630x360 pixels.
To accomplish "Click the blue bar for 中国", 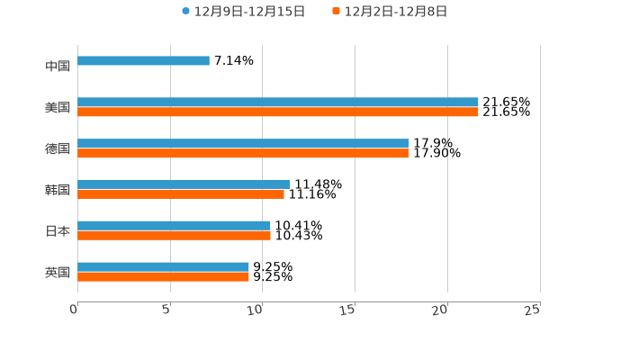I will pos(143,61).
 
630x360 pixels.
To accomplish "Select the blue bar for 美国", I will pos(277,103).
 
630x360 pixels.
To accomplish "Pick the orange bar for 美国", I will pos(277,112).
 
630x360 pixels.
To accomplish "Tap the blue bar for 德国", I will pos(243,143).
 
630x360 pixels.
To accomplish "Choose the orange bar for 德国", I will pos(243,154).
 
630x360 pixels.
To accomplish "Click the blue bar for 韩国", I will pos(184,184).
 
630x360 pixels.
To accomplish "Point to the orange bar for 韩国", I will pos(181,194).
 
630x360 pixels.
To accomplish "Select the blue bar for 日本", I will pos(174,226).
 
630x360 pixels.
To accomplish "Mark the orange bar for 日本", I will pos(174,236).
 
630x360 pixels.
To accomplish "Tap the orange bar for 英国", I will pos(163,276).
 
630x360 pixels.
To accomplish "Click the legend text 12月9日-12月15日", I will pos(249,12).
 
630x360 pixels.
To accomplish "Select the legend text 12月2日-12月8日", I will pos(395,12).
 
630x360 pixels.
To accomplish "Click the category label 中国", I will pos(58,67).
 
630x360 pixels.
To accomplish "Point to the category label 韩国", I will pos(58,190).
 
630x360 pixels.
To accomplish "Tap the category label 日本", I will pos(58,231).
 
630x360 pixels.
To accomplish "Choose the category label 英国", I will pos(58,272).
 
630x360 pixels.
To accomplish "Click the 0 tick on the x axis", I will pos(75,310).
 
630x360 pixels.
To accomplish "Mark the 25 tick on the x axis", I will pos(533,310).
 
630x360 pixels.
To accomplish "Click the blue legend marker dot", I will pos(185,12).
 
